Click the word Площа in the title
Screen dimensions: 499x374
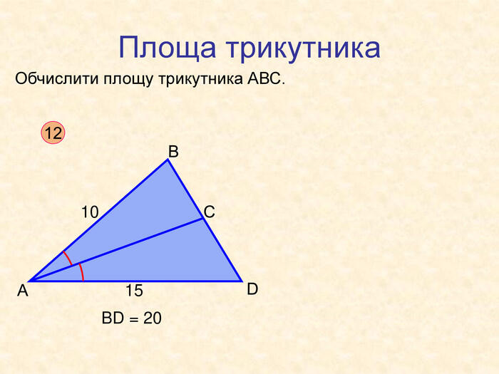pyautogui.click(x=168, y=48)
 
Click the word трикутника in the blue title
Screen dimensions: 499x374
pyautogui.click(x=304, y=48)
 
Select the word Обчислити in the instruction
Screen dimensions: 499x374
pyautogui.click(x=56, y=78)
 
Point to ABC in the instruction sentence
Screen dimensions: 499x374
pyautogui.click(x=264, y=78)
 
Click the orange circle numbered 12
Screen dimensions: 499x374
pyautogui.click(x=53, y=133)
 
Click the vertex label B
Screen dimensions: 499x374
pyautogui.click(x=173, y=151)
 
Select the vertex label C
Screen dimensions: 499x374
pyautogui.click(x=209, y=212)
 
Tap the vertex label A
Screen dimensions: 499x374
pyautogui.click(x=23, y=291)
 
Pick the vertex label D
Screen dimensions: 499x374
pyautogui.click(x=252, y=289)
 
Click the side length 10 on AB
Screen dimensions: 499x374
pyautogui.click(x=90, y=212)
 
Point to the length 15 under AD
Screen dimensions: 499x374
pyautogui.click(x=134, y=291)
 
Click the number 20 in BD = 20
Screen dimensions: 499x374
pyautogui.click(x=152, y=318)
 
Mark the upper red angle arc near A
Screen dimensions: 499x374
pyautogui.click(x=68, y=258)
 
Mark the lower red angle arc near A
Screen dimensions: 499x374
pyautogui.click(x=82, y=272)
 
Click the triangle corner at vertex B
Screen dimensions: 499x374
pyautogui.click(x=168, y=160)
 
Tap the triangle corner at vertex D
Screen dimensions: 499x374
pyautogui.click(x=242, y=281)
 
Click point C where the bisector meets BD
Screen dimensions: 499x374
pyautogui.click(x=203, y=218)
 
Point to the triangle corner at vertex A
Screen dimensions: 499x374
pyautogui.click(x=29, y=281)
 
